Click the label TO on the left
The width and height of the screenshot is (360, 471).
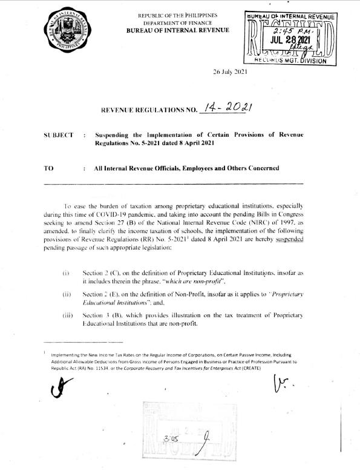point(50,168)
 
